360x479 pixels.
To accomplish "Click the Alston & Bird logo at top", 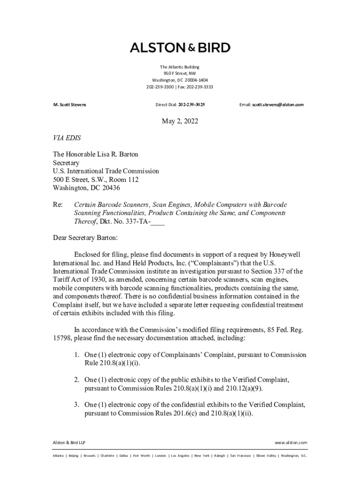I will [x=180, y=48].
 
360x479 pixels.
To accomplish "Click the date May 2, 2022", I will [x=180, y=122].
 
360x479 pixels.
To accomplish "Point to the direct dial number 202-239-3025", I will [x=192, y=105].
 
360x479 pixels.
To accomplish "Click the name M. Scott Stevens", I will [x=69, y=105].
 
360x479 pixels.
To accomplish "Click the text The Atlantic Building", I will [x=180, y=67].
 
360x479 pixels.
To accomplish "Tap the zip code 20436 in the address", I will [x=110, y=188].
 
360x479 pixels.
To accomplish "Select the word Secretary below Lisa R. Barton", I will [x=66, y=163].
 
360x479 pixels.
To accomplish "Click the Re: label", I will [x=58, y=205].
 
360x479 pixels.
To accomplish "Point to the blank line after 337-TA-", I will [x=158, y=222].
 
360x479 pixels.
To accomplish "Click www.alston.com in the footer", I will [x=291, y=443].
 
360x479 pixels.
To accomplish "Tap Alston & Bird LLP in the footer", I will [x=69, y=443].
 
